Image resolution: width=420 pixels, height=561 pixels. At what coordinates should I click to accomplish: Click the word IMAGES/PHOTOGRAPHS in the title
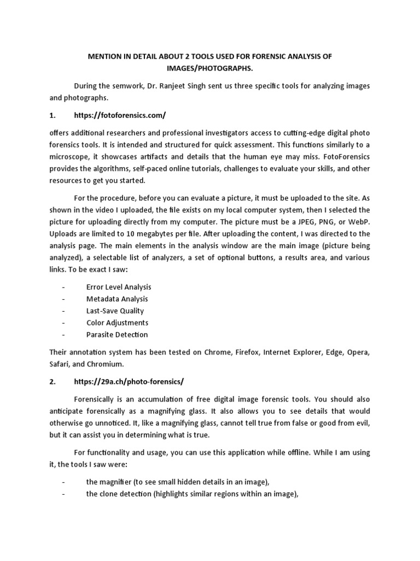209,68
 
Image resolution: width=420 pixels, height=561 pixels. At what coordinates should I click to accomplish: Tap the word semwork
122,87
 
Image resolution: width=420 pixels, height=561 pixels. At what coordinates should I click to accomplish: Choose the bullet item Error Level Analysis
119,287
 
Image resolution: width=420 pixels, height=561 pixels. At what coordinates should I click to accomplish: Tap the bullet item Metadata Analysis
117,299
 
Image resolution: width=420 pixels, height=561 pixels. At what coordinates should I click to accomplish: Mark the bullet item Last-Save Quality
115,311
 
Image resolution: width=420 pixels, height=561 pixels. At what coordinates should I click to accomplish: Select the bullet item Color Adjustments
117,323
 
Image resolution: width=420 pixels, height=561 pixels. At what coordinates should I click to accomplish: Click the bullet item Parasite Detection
117,335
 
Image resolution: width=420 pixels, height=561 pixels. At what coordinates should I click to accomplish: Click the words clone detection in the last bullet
126,494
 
